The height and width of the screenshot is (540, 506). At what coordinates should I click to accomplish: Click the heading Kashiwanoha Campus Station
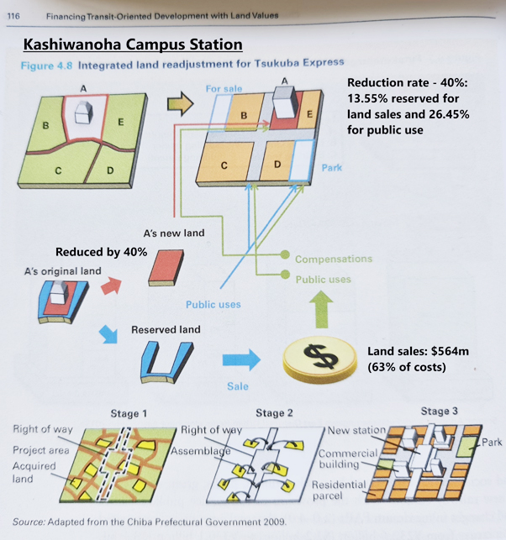[133, 44]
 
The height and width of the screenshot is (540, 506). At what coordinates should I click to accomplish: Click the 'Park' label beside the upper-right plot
[332, 168]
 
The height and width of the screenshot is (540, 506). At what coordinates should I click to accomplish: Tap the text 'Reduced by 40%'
[102, 252]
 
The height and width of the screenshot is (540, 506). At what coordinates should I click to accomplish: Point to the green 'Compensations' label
[333, 259]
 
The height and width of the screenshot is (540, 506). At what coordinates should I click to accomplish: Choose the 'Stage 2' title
[275, 412]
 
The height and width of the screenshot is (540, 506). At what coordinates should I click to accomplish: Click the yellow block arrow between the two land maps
[180, 104]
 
